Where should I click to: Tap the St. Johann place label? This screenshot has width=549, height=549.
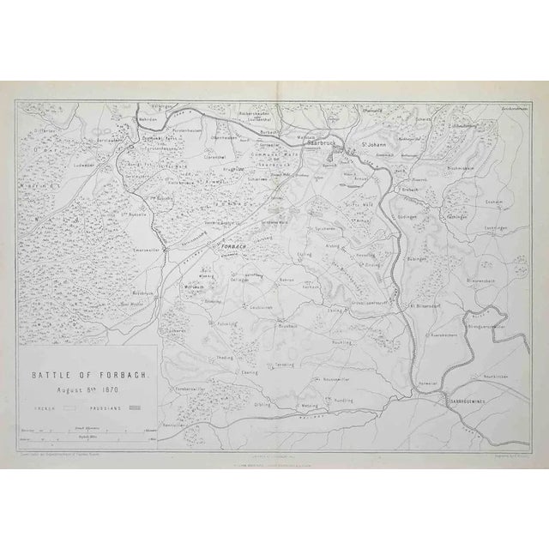point(371,143)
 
